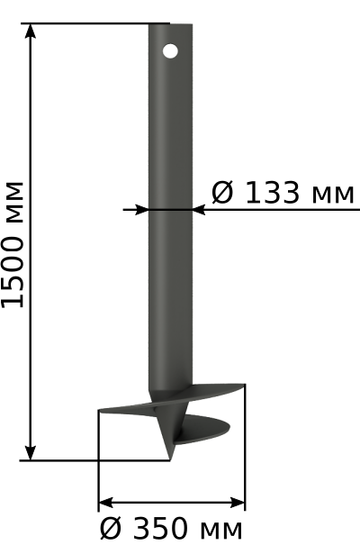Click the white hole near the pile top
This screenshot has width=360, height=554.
[170, 51]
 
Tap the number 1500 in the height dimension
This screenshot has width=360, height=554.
[13, 272]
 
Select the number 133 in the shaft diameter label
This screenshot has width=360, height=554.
[272, 193]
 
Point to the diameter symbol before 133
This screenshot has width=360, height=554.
[222, 193]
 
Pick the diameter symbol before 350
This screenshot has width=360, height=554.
[111, 529]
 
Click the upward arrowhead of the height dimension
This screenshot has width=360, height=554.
[31, 32]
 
